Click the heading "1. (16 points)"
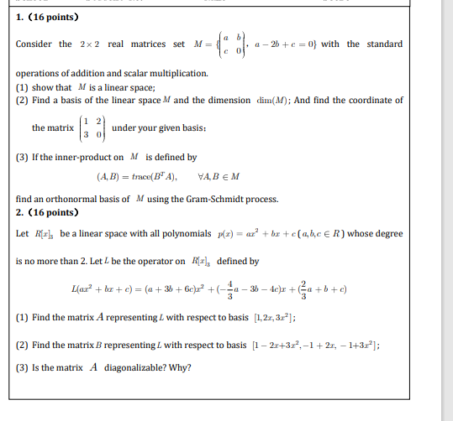(x=48, y=17)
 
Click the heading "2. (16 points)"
(x=48, y=212)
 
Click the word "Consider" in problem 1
(x=34, y=44)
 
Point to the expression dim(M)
(x=275, y=101)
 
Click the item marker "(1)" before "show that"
(x=23, y=87)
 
